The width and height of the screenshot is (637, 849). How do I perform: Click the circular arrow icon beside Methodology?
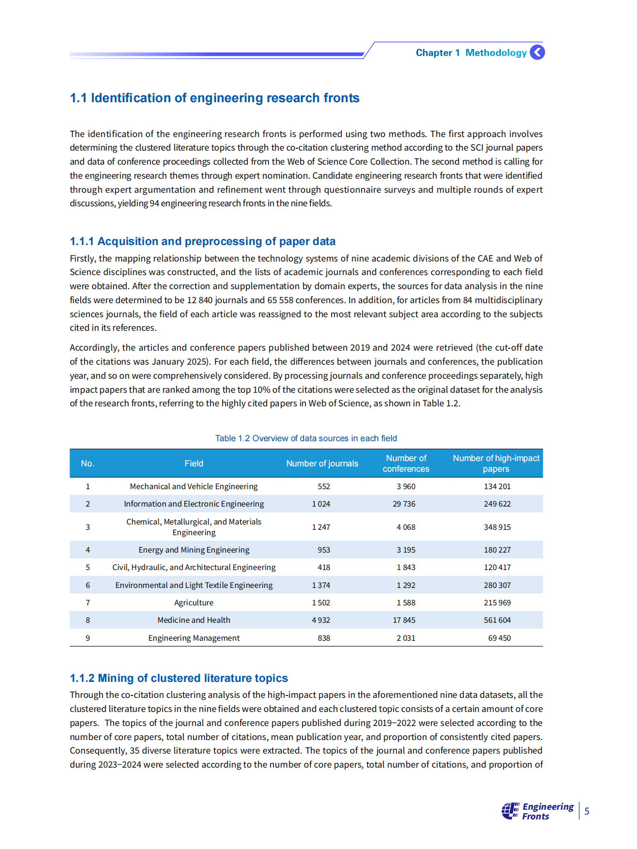pos(537,52)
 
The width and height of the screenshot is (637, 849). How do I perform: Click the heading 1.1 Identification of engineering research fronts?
pos(215,98)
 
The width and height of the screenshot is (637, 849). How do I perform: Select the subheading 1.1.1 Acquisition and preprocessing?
pos(202,241)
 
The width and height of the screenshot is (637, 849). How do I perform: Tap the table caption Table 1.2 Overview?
pos(306,438)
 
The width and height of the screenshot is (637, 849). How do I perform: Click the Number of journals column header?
pos(322,463)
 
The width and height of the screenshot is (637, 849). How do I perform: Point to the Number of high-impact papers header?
pos(496,463)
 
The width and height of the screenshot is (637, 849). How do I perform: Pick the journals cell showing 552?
pos(324,486)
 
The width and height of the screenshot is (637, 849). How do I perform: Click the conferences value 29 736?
pos(404,504)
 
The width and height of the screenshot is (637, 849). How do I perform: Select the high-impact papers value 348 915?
pos(497,527)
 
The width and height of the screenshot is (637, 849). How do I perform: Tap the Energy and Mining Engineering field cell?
pos(194,550)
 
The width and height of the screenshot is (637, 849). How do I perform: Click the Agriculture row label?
pos(194,602)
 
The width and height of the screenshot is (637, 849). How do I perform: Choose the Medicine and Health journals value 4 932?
pos(321,620)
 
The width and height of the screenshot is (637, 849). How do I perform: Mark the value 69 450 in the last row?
pos(499,638)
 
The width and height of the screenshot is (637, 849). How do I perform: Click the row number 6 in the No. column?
pos(88,585)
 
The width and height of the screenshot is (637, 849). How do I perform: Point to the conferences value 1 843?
pos(405,567)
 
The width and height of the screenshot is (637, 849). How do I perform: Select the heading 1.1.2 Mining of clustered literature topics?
pos(179,678)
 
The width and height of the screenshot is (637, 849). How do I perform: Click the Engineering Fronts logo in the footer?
pos(537,811)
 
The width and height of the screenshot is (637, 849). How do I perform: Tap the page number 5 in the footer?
pos(587,811)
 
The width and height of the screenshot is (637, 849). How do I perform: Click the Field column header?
pos(194,463)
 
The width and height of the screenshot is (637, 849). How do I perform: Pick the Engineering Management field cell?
pos(194,638)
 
